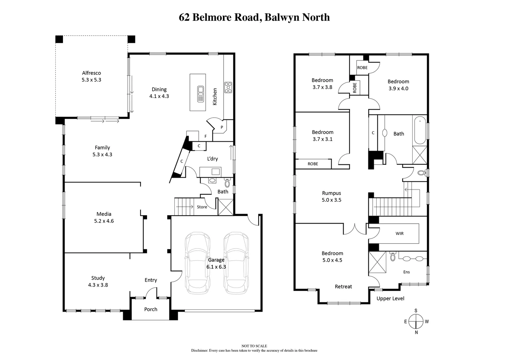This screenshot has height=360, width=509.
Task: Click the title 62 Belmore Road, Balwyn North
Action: (254, 17)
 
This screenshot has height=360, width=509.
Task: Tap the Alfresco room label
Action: (91, 73)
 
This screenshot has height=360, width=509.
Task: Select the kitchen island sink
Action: (200, 94)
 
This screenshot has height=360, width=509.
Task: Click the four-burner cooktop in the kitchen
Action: (228, 87)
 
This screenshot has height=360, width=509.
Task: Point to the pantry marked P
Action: (222, 127)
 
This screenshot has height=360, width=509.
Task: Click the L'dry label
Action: (212, 159)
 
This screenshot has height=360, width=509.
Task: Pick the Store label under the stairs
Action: (202, 207)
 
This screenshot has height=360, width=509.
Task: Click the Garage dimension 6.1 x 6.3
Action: (216, 267)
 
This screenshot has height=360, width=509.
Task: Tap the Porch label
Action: (151, 309)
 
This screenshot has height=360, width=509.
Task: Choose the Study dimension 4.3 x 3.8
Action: (98, 285)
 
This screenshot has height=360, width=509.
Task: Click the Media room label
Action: (104, 214)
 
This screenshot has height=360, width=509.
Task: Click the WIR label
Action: (399, 233)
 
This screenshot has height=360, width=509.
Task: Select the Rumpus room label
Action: (331, 193)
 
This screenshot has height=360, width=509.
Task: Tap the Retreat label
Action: (343, 287)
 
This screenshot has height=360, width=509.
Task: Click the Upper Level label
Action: (390, 298)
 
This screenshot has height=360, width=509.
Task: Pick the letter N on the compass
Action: (416, 332)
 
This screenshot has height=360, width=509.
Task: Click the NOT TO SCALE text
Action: (254, 346)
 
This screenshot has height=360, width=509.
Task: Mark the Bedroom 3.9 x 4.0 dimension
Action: (398, 88)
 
